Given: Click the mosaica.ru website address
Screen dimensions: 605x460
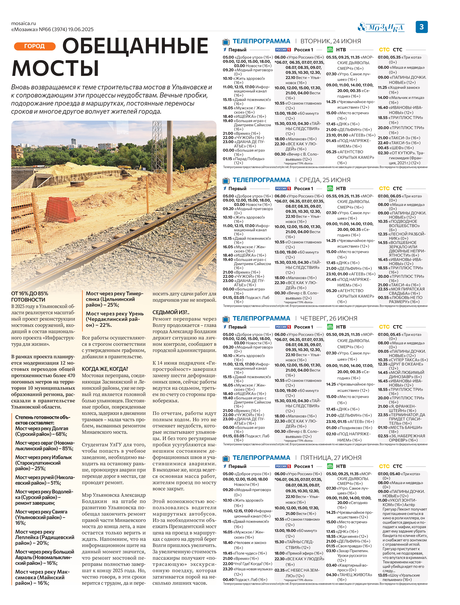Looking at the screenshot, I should point(24,24).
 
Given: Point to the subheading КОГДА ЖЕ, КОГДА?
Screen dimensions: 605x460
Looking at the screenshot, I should point(105,369).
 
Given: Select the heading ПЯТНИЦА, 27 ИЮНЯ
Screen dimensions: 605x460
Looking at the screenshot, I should point(331,458).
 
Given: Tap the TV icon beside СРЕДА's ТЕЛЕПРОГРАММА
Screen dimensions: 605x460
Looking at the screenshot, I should point(226,180).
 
